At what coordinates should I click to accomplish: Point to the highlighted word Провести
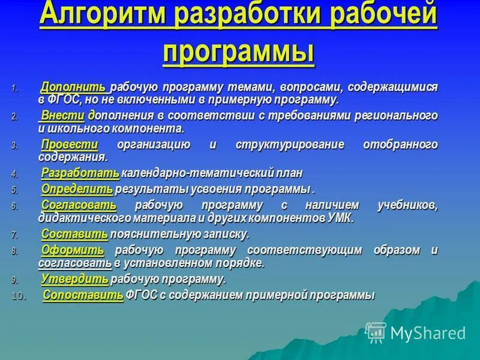(x=70, y=145)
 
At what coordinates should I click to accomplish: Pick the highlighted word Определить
(x=77, y=190)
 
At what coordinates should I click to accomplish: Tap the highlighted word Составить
(x=74, y=234)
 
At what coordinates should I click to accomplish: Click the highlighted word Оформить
(x=72, y=250)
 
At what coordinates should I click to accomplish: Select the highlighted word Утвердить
(x=75, y=279)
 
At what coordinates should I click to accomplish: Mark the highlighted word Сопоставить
(x=83, y=295)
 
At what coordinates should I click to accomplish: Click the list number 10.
(x=19, y=296)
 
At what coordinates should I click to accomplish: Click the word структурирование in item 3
(x=281, y=145)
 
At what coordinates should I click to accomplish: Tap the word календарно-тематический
(x=181, y=173)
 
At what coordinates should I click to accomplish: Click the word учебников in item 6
(x=408, y=205)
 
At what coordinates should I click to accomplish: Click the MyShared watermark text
(x=428, y=334)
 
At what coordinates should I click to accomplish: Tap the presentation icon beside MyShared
(x=376, y=332)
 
